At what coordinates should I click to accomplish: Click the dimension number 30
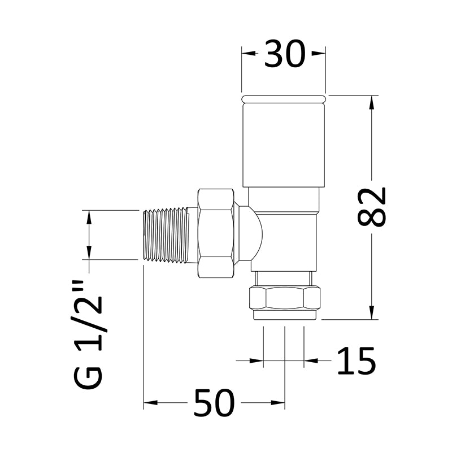[284, 54]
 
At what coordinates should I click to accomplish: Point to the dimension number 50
[213, 403]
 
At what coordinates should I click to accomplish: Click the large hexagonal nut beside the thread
[216, 233]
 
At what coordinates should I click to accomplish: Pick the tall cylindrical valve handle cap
[284, 144]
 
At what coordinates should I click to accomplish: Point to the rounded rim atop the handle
[284, 99]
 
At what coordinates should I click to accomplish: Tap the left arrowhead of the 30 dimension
[246, 54]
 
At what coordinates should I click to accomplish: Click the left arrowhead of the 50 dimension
[149, 403]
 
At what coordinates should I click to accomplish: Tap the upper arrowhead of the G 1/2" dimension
[89, 215]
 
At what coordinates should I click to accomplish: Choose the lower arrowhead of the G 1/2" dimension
[89, 255]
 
